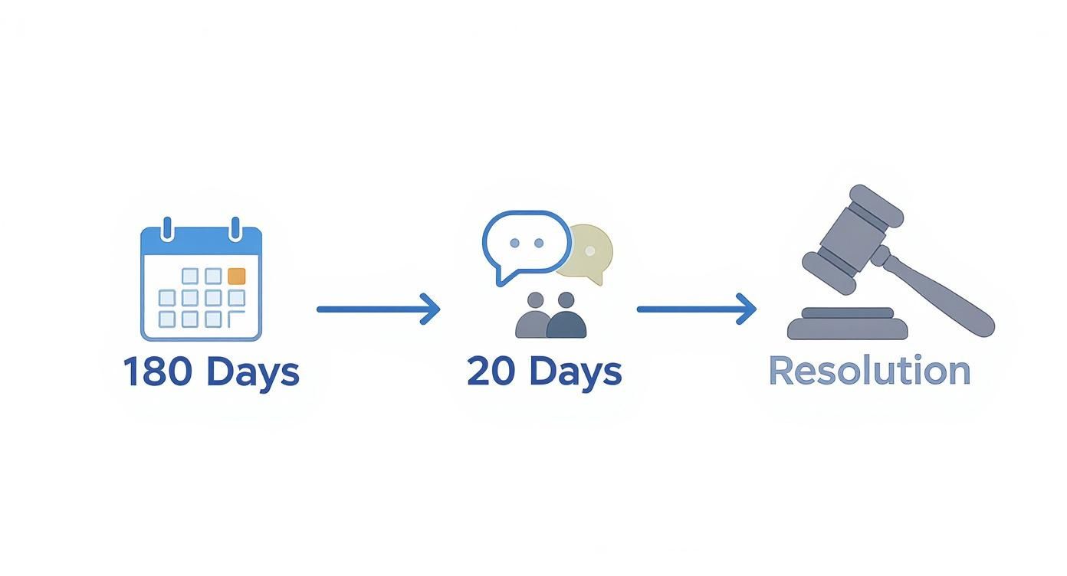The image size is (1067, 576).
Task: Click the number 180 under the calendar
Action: (158, 371)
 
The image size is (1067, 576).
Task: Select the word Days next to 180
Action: (253, 371)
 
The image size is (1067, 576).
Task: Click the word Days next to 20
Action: (576, 371)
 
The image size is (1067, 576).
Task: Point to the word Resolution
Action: (869, 371)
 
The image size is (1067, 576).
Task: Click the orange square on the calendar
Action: (237, 277)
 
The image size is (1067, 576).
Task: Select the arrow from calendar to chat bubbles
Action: (379, 309)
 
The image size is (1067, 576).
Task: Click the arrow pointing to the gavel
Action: (697, 309)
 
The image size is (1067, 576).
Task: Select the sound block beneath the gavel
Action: (848, 325)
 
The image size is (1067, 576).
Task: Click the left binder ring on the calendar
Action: (167, 228)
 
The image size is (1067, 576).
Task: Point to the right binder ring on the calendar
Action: (235, 228)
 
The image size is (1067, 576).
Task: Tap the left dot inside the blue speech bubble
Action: (514, 244)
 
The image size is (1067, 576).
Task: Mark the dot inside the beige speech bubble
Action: (590, 250)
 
